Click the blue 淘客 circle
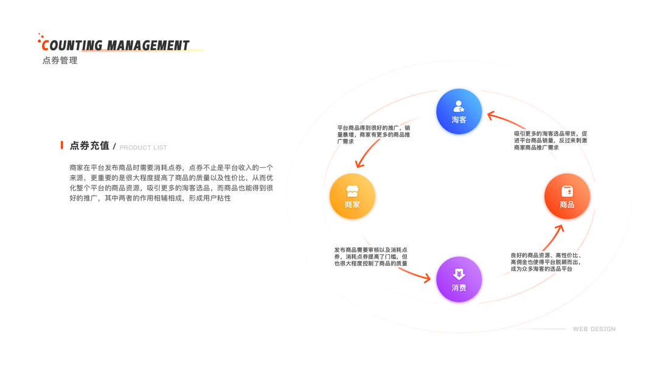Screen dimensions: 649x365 pos(459,111)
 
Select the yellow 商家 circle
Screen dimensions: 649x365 pos(352,196)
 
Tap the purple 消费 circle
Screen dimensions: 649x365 pos(459,279)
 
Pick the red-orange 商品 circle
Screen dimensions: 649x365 pos(567,196)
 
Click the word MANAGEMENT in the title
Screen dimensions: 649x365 pos(148,46)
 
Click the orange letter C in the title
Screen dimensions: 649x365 pos(44,45)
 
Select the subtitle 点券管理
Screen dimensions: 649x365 pos(60,61)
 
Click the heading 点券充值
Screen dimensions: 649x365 pos(89,146)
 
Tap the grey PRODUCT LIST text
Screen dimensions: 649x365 pos(143,148)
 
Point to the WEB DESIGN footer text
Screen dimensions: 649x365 pos(594,329)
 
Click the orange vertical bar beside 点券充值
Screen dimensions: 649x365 pos(62,145)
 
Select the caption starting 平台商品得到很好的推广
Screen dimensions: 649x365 pos(365,134)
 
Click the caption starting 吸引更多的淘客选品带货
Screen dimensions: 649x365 pos(550,140)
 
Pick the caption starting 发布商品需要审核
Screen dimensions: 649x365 pos(370,256)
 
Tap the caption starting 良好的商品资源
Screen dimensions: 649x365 pos(546,262)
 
